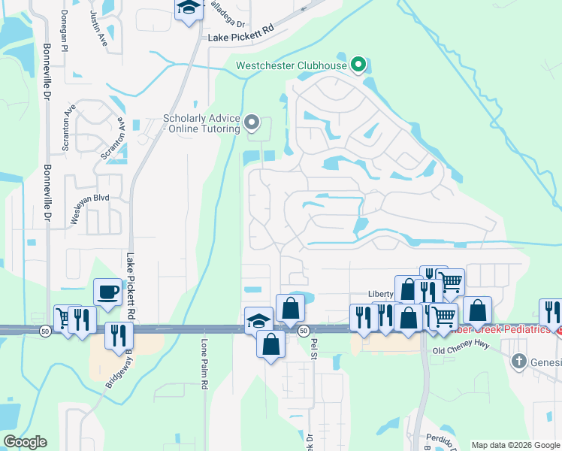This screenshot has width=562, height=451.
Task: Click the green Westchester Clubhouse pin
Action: (x=358, y=65)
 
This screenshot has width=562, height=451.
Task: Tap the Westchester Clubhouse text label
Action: (x=292, y=65)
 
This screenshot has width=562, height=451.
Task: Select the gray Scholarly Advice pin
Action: (x=252, y=122)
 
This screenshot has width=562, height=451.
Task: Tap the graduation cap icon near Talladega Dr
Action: (x=187, y=10)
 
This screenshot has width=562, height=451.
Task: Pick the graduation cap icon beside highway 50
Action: (x=258, y=320)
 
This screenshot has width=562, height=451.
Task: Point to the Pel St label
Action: (x=314, y=347)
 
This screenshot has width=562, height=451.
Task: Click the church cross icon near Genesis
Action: (x=518, y=362)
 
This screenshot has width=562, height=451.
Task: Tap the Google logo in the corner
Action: (x=25, y=442)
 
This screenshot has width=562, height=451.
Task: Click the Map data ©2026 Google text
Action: (x=515, y=445)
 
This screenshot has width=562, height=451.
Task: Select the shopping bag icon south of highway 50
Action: (x=270, y=345)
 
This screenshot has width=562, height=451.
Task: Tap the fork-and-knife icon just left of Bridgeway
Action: (x=118, y=335)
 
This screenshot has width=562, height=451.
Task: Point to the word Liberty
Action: (x=380, y=294)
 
